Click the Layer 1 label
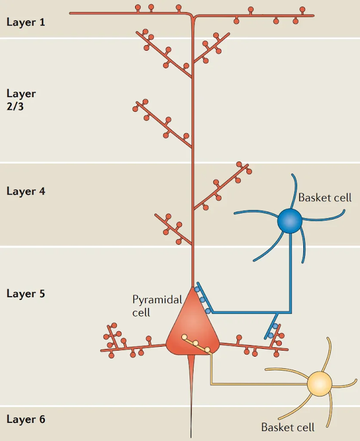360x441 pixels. pos(25,22)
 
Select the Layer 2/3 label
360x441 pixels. pos(21,100)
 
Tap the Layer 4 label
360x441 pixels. pos(25,191)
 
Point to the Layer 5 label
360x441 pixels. pos(25,294)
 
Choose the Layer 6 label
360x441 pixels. pos(25,420)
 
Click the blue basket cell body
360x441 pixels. pos(289,221)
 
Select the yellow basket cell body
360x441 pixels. pos(320,383)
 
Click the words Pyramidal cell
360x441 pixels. pos(157,306)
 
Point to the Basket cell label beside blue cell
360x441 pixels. pos(325,198)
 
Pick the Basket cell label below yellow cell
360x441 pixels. pos(288,427)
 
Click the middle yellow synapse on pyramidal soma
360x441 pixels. pos(196,343)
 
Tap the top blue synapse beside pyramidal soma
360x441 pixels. pos(197,289)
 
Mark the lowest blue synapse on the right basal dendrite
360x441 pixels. pos(271,336)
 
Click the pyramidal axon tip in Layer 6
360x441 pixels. pos(191,438)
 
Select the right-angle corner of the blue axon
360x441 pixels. pos(291,312)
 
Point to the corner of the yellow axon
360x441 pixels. pos(212,384)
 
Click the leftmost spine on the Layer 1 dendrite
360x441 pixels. pos(138,8)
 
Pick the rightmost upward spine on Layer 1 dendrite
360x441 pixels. pos(302,10)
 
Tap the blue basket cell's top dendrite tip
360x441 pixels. pos(292,175)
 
